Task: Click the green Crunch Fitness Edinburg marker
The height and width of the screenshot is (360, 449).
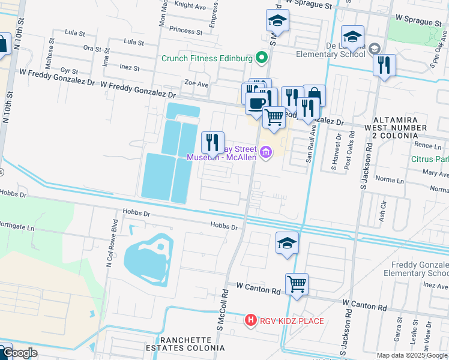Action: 261,58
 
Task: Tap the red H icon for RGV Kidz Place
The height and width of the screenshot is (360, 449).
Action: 252,321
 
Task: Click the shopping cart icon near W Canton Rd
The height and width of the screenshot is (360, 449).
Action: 297,284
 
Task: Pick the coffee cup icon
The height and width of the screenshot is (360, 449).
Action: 256,103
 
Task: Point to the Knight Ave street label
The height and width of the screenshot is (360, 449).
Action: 189,5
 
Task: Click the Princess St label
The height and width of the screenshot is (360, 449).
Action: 185,31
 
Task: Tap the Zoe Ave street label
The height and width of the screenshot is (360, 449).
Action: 196,85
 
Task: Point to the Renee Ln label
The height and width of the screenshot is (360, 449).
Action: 428,146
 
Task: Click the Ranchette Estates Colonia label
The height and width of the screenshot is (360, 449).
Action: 187,343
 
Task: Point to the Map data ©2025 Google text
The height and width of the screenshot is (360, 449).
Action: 411,355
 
